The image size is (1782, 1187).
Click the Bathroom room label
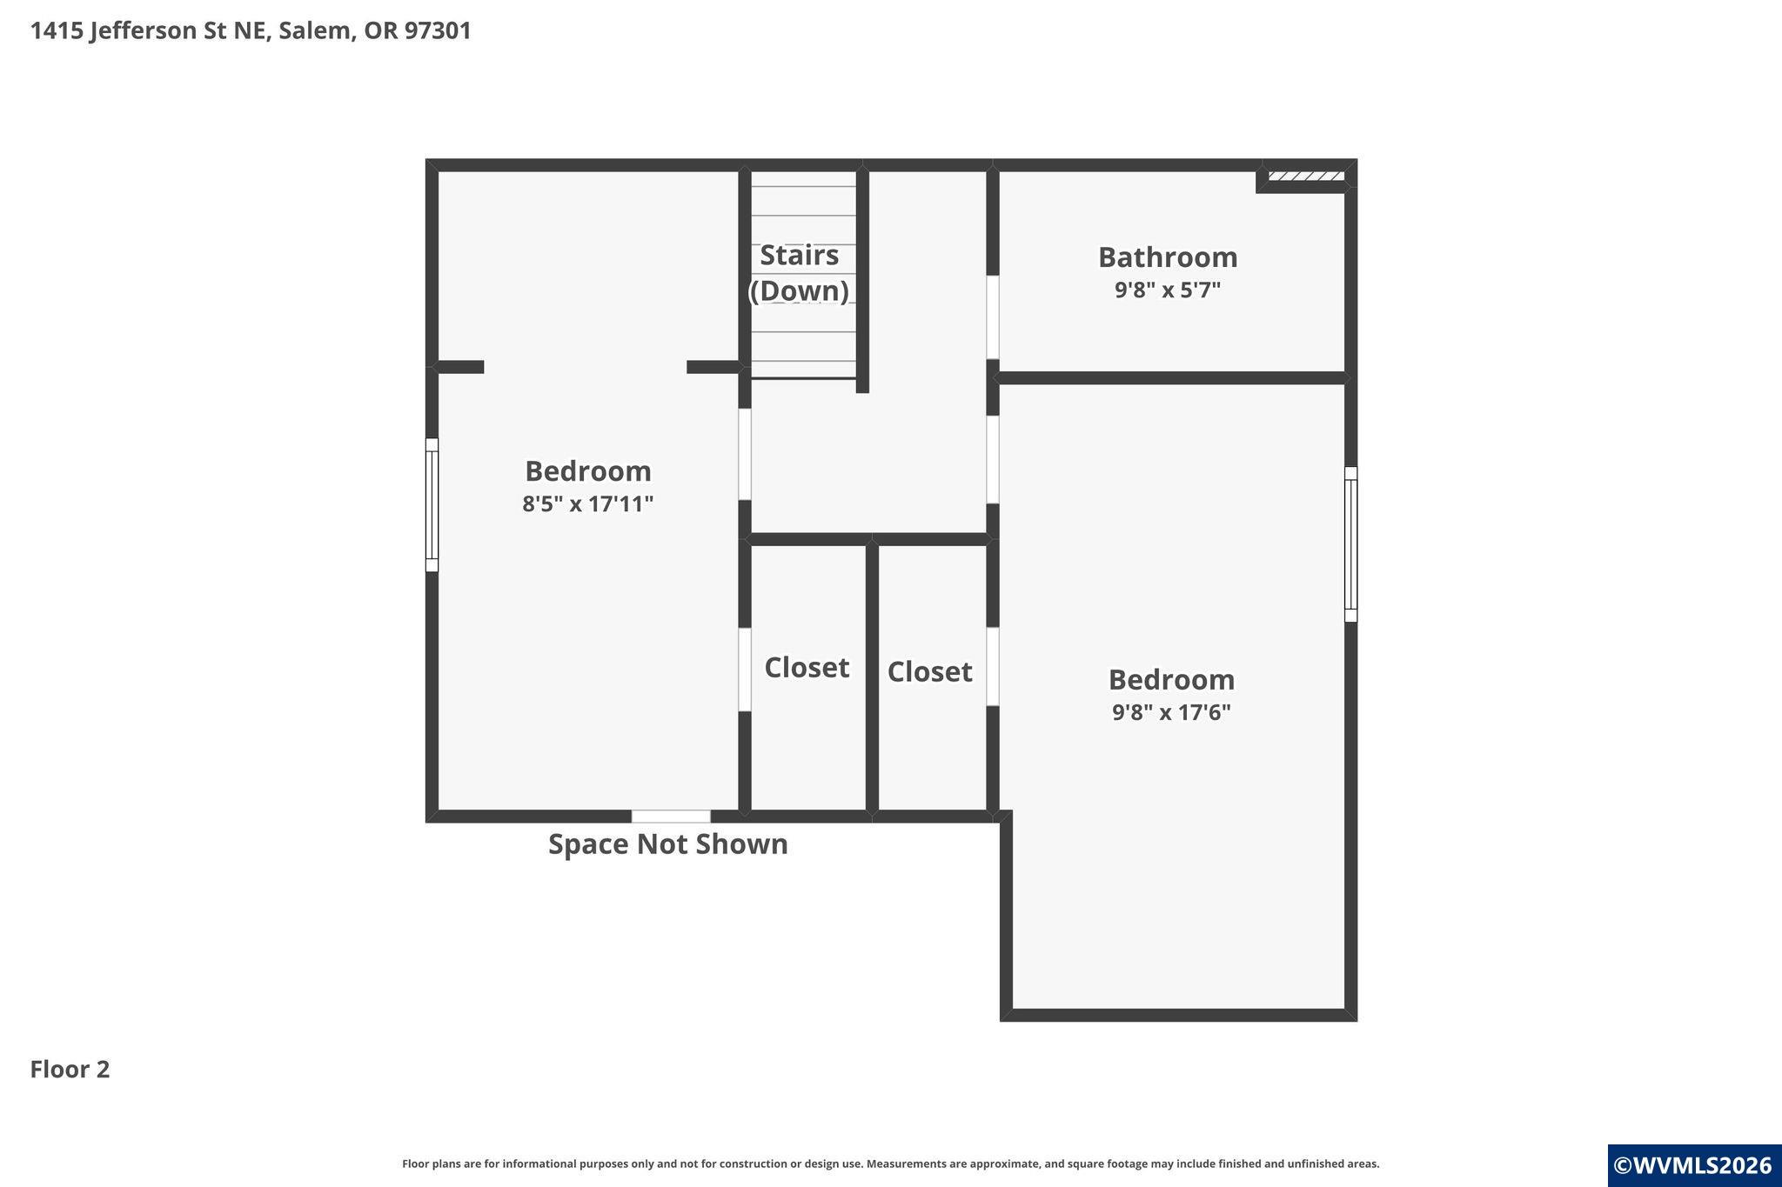pos(1168,257)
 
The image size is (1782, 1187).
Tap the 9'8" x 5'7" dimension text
pos(1168,290)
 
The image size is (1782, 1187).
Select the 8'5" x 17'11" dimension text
pos(587,503)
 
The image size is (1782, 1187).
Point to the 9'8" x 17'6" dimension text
pos(1171,712)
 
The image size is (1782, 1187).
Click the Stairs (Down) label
pos(799,272)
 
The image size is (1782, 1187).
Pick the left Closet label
pos(807,667)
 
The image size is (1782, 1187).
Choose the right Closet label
pos(929,671)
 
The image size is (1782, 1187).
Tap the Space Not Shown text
pos(668,844)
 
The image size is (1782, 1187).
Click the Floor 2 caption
pos(70,1069)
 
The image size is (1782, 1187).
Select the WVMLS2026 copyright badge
pos(1694,1165)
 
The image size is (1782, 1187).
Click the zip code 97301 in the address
pos(438,30)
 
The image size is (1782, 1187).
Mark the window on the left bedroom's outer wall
pos(432,504)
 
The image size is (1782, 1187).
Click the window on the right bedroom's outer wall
pos(1350,544)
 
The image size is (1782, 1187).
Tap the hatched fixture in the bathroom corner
pos(1305,177)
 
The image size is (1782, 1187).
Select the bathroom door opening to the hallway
pos(992,317)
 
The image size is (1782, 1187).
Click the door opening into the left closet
pos(745,670)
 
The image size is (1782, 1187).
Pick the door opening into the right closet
pos(992,666)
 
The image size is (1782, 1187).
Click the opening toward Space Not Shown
pos(671,817)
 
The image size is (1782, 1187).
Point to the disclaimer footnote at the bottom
pos(891,1164)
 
